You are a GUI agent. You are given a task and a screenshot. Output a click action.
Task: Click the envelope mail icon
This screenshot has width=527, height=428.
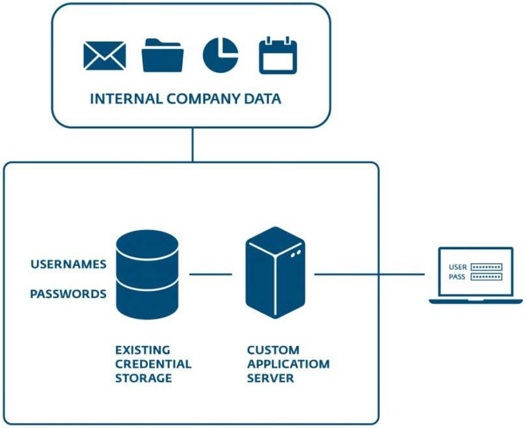[105, 56]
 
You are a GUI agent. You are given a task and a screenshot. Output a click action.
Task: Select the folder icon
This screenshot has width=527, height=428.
[163, 56]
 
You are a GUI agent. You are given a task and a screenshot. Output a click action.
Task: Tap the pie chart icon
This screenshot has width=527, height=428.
[220, 55]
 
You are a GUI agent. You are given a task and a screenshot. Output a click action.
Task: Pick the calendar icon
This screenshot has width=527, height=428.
[278, 56]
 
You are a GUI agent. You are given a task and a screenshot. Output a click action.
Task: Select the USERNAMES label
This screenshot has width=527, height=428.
[68, 264]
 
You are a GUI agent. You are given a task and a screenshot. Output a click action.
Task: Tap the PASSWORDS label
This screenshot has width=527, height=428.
[68, 294]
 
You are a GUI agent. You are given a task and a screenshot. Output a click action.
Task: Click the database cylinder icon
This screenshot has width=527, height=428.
[147, 276]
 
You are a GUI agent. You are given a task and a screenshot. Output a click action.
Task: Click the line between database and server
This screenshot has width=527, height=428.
[211, 274]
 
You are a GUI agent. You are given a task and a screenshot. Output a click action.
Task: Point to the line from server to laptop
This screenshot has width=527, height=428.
[371, 274]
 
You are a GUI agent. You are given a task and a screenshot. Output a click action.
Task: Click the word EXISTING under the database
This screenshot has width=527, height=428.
[143, 350]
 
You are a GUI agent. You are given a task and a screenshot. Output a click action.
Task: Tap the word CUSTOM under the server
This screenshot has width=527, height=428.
[273, 350]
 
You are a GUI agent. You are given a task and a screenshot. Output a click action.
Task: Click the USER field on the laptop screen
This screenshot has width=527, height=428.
[487, 267]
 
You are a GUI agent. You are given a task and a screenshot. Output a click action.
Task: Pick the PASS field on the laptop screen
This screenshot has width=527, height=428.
[487, 277]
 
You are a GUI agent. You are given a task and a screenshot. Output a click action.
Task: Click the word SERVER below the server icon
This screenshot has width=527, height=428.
[271, 378]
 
